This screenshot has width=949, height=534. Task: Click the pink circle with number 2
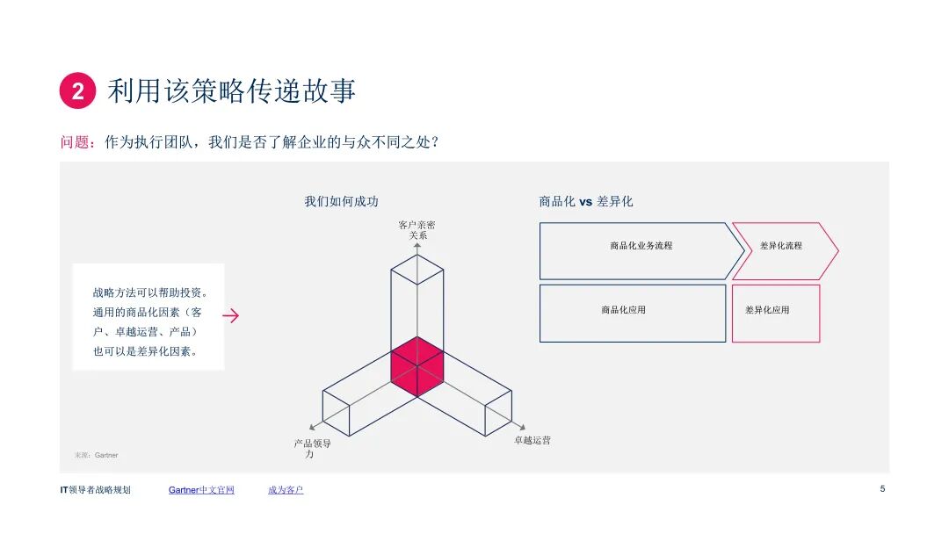[x=77, y=91]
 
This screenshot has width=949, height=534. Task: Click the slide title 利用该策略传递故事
[x=232, y=91]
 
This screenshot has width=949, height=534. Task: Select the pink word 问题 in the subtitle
[x=75, y=141]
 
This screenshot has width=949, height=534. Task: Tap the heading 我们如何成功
[x=341, y=201]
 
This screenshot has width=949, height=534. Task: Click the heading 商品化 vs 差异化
[x=585, y=201]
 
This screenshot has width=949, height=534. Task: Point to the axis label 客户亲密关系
[x=417, y=230]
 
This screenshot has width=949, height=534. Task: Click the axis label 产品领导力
[x=313, y=448]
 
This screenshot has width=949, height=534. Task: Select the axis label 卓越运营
[x=532, y=440]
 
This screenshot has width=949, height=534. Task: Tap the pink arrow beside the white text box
[x=231, y=316]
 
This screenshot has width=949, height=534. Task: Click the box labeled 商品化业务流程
[x=641, y=246]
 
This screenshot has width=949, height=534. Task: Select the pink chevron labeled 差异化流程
[x=782, y=246]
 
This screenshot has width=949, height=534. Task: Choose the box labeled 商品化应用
[x=633, y=310]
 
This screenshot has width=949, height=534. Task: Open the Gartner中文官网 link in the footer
[x=201, y=490]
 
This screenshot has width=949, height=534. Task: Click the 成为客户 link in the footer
[x=286, y=490]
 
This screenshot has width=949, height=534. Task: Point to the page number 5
[x=882, y=489]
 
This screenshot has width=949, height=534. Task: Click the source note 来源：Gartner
[x=96, y=455]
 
